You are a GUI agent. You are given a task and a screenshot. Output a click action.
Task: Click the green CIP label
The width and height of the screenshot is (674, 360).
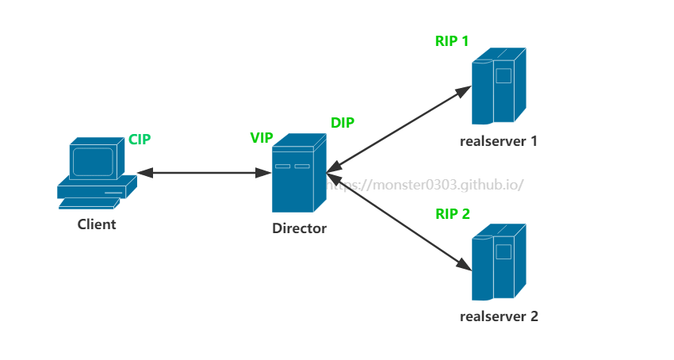pyautogui.click(x=140, y=140)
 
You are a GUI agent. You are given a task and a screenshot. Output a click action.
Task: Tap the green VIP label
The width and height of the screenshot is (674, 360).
pyautogui.click(x=262, y=138)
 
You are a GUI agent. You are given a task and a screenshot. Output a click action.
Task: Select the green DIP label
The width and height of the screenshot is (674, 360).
pyautogui.click(x=343, y=123)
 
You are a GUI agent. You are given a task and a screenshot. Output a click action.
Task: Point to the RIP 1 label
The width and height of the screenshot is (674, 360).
pyautogui.click(x=452, y=41)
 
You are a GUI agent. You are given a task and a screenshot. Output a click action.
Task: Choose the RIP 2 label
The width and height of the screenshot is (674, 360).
pyautogui.click(x=453, y=214)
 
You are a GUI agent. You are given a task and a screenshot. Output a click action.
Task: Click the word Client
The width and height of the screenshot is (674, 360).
pyautogui.click(x=97, y=224)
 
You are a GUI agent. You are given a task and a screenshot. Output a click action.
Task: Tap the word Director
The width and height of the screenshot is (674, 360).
pyautogui.click(x=299, y=228)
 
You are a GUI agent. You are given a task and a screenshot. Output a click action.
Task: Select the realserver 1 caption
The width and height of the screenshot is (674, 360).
pyautogui.click(x=499, y=141)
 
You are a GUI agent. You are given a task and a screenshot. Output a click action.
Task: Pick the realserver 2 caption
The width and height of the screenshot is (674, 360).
pyautogui.click(x=499, y=316)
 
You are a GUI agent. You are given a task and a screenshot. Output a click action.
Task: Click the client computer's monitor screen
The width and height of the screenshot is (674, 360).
pyautogui.click(x=93, y=162)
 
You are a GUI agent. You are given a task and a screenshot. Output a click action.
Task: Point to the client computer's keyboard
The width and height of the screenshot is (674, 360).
pyautogui.click(x=89, y=203)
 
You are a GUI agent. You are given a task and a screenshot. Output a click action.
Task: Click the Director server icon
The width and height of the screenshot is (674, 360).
pyautogui.click(x=299, y=173)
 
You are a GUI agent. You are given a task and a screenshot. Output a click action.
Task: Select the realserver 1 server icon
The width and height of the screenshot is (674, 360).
pyautogui.click(x=499, y=86)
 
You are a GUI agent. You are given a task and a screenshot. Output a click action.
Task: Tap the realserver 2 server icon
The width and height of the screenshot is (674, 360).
pyautogui.click(x=499, y=262)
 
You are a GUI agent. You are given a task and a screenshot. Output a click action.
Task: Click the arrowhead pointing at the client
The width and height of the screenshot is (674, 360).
pyautogui.click(x=145, y=173)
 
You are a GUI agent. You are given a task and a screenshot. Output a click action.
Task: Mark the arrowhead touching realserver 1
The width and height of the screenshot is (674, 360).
pyautogui.click(x=463, y=91)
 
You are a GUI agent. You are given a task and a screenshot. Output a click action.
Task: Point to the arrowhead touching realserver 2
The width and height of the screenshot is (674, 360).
pyautogui.click(x=464, y=265)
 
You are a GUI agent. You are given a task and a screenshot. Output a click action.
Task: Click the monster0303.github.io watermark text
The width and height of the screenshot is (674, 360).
pyautogui.click(x=425, y=185)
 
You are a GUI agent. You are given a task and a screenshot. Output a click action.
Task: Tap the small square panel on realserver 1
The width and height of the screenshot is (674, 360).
pyautogui.click(x=504, y=75)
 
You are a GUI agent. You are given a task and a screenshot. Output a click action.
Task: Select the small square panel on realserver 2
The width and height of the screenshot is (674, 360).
pyautogui.click(x=504, y=251)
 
